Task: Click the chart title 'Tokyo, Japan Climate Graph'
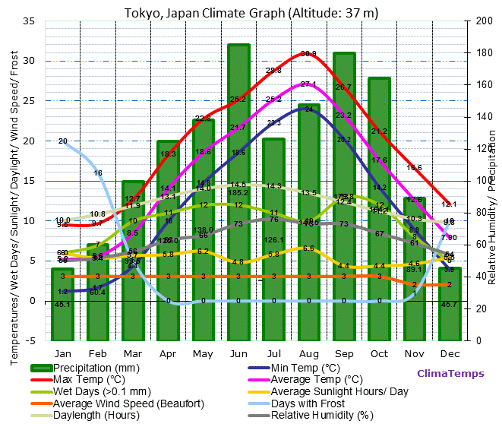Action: pyautogui.click(x=251, y=13)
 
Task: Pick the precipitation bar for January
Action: pyautogui.click(x=62, y=304)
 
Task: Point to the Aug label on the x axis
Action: pyautogui.click(x=308, y=353)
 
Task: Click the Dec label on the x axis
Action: pyautogui.click(x=450, y=353)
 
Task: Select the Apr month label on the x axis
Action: pyautogui.click(x=168, y=353)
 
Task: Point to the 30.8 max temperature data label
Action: pyautogui.click(x=308, y=54)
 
